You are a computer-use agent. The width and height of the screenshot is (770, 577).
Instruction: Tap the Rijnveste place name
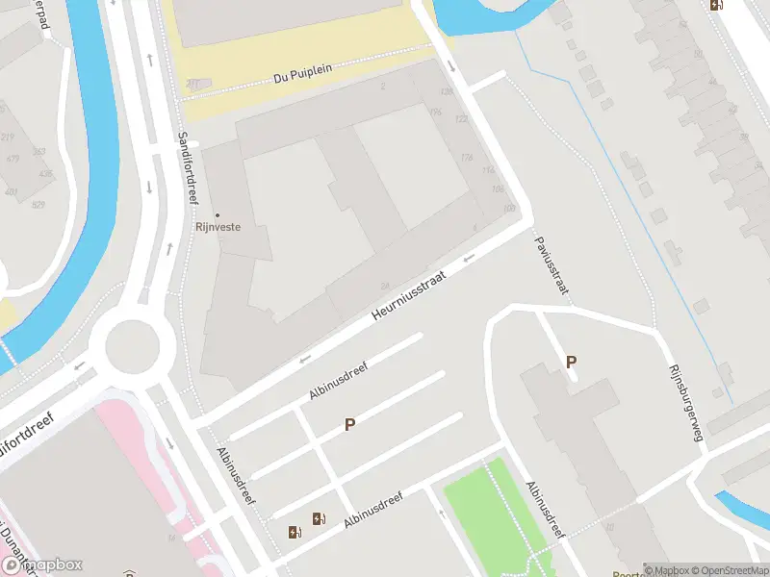[x=218, y=228]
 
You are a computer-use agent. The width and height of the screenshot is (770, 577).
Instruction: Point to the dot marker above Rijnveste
[x=218, y=215]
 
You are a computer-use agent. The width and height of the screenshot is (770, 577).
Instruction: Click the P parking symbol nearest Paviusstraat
[x=572, y=363]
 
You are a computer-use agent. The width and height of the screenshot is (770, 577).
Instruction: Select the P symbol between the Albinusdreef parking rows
[x=350, y=424]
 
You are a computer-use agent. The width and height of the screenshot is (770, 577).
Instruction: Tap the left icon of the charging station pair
[x=295, y=531]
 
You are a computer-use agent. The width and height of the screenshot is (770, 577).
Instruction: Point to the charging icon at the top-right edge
[x=715, y=5]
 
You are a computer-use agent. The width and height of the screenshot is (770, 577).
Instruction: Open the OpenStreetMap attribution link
[x=729, y=570]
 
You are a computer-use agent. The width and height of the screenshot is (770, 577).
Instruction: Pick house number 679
[x=13, y=159]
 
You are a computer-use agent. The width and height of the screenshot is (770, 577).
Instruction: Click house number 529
[x=38, y=205]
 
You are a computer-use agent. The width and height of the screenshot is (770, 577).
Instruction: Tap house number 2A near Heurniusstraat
[x=385, y=286]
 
